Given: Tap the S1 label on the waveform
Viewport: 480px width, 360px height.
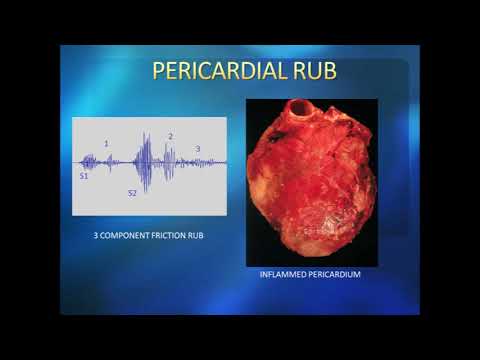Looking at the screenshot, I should pos(84,175).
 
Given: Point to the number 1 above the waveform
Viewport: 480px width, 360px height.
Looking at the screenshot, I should pos(107,144).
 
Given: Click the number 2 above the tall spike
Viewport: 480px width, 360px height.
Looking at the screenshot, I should pos(171,136).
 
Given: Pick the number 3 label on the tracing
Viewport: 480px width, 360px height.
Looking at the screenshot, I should pos(198,149).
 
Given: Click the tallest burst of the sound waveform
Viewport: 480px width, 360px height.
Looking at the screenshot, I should pos(146,161).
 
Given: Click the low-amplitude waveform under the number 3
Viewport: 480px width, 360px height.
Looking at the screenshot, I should pos(200,162).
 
